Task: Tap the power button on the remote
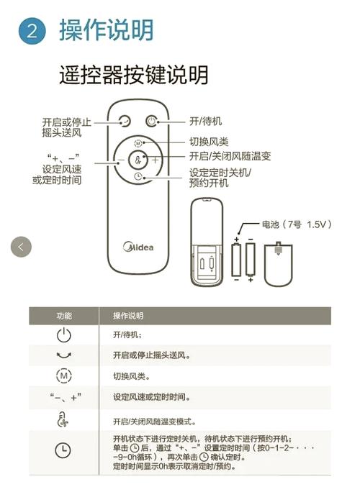pos(151,122)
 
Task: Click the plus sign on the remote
pos(155,160)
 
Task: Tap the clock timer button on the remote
pos(138,176)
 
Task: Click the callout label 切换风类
pos(209,141)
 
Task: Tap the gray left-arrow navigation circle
pos(21,246)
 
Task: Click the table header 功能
pos(64,316)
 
